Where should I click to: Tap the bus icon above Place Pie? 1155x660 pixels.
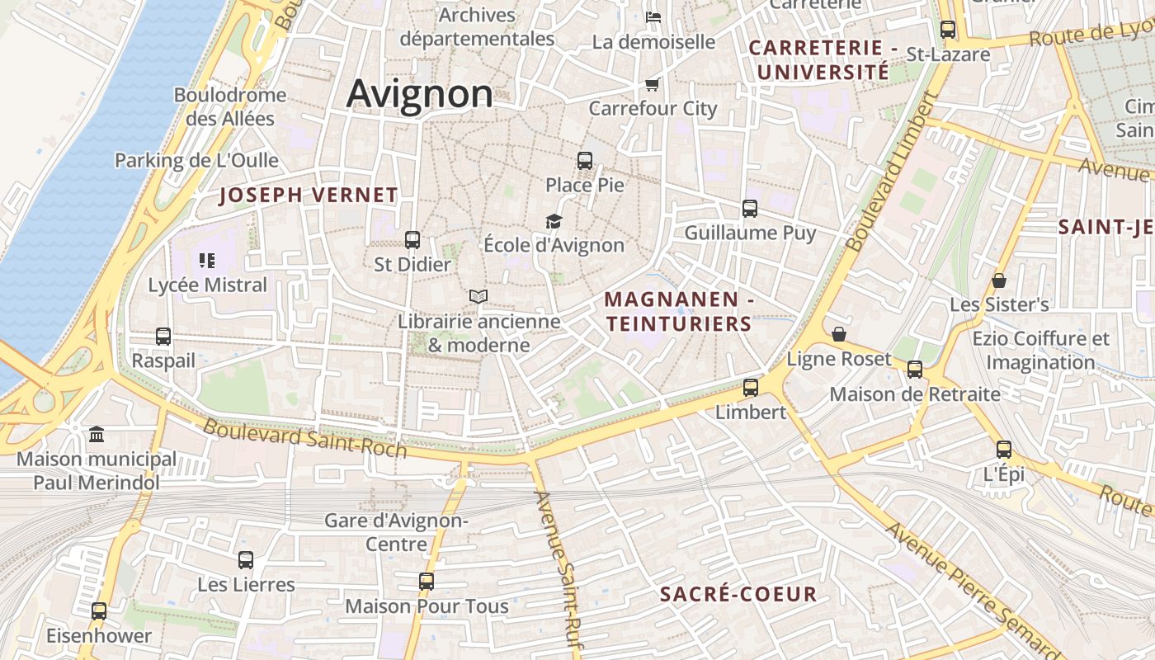(x=585, y=161)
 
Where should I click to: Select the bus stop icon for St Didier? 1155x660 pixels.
(x=412, y=240)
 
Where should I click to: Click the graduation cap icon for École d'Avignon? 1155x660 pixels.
(x=554, y=221)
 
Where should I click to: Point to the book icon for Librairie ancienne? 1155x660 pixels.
(x=478, y=296)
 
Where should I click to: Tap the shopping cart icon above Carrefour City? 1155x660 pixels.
(x=652, y=84)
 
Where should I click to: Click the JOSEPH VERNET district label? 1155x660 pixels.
(x=309, y=196)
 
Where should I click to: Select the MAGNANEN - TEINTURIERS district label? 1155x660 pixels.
(x=679, y=312)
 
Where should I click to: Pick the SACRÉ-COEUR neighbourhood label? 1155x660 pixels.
(x=738, y=594)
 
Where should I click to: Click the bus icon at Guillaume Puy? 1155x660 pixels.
(x=750, y=209)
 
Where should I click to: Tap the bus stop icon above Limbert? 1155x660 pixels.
(x=751, y=387)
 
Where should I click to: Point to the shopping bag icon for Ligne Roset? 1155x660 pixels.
(x=839, y=334)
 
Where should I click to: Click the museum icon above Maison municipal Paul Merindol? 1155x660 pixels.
(x=97, y=434)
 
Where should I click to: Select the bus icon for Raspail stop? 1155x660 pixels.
(x=163, y=337)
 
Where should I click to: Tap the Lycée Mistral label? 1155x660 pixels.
(x=207, y=285)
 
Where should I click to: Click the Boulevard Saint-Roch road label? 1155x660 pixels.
(x=304, y=438)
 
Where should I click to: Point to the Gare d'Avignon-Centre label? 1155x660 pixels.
(x=396, y=532)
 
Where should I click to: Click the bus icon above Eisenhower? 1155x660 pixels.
(x=99, y=611)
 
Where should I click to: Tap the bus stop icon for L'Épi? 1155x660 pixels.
(x=1004, y=450)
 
